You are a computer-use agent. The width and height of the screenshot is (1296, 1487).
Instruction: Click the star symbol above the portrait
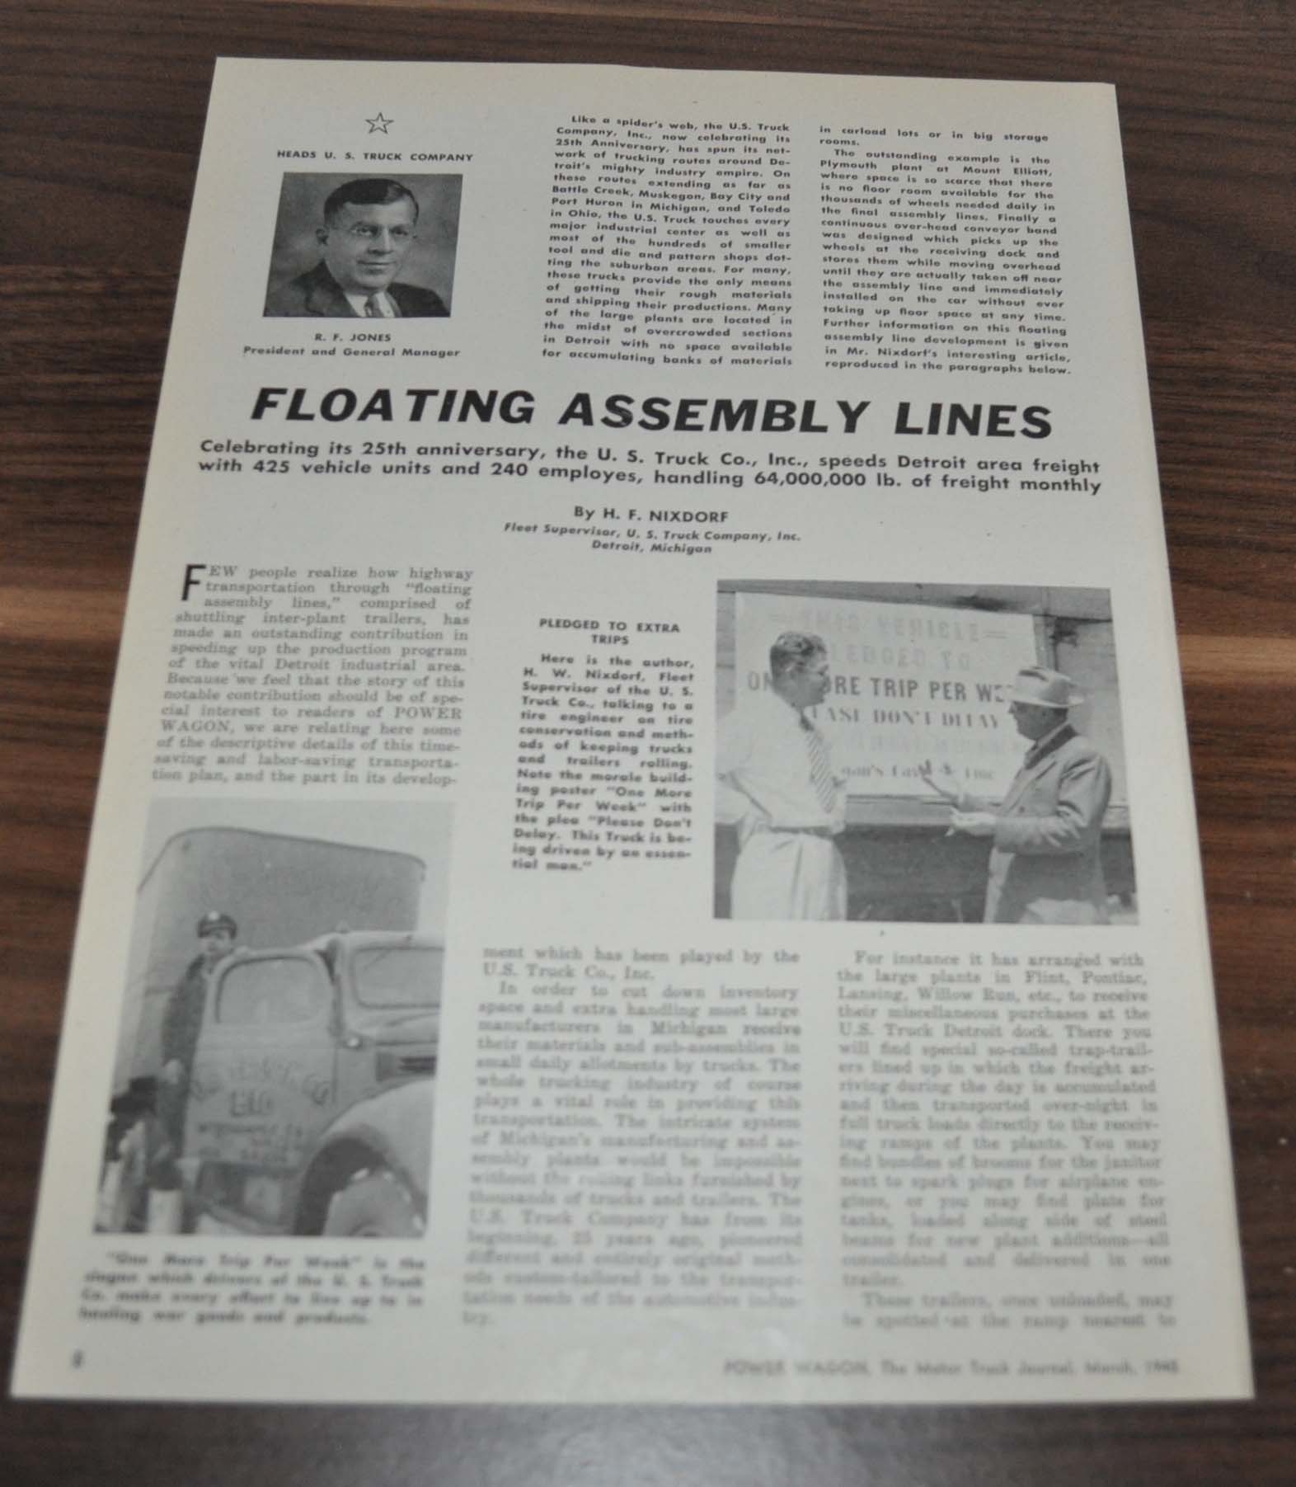pyautogui.click(x=379, y=124)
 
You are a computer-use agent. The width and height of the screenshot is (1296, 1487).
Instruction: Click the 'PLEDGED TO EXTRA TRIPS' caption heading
pyautogui.click(x=608, y=633)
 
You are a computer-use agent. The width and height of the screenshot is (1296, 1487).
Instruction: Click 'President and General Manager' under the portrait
pyautogui.click(x=351, y=352)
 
